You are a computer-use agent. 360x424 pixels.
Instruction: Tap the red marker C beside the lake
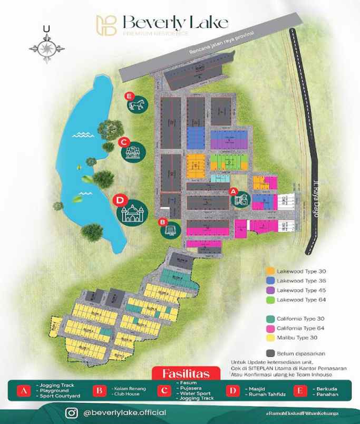tap(124, 141)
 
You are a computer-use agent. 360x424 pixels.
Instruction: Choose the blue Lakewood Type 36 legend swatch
tap(270, 281)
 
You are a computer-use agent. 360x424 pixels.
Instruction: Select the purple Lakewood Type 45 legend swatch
tap(270, 290)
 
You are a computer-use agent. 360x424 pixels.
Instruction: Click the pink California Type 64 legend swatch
tap(270, 328)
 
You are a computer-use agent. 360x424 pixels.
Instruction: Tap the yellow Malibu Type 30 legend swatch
tap(270, 338)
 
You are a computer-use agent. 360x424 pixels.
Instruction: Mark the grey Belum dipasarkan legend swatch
tap(270, 353)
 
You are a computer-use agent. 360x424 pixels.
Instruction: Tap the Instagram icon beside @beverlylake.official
tap(72, 412)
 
